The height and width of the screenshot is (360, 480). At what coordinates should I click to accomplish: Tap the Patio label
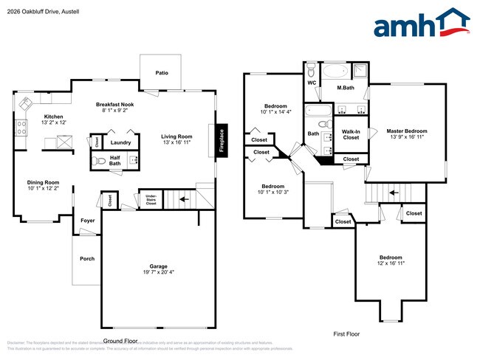pyautogui.click(x=162, y=73)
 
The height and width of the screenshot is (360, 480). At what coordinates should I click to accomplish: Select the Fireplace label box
pyautogui.click(x=221, y=140)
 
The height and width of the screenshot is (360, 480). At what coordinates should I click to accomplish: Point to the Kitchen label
pyautogui.click(x=53, y=117)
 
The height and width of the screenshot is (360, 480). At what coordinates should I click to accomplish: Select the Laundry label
pyautogui.click(x=121, y=142)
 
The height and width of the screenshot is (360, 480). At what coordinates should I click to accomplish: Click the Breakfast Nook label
pyautogui.click(x=114, y=105)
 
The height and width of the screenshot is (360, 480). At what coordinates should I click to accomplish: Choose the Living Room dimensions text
pyautogui.click(x=176, y=142)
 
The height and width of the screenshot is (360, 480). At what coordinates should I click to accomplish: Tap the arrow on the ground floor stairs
pyautogui.click(x=183, y=198)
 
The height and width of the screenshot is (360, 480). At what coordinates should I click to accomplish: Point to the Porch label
pyautogui.click(x=86, y=258)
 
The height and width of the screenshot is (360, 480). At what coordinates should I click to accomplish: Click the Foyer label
pyautogui.click(x=88, y=219)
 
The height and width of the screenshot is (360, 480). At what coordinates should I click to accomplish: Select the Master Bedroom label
pyautogui.click(x=406, y=131)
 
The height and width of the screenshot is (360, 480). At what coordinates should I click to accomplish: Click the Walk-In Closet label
pyautogui.click(x=351, y=134)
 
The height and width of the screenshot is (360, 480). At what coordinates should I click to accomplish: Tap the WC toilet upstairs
pyautogui.click(x=312, y=71)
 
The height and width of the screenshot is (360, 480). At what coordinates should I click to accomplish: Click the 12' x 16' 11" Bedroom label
pyautogui.click(x=391, y=258)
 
